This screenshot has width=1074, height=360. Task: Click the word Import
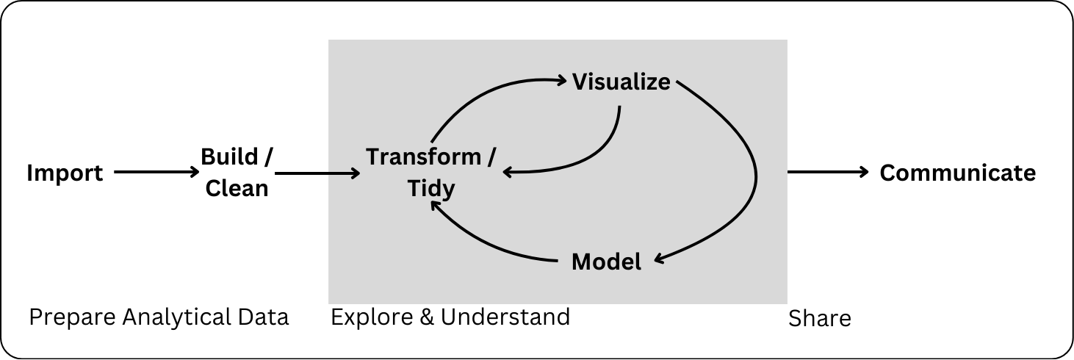(x=65, y=173)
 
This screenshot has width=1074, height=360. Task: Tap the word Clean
(x=237, y=189)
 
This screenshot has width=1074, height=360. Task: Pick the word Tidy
(x=431, y=189)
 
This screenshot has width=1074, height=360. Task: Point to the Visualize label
(x=621, y=81)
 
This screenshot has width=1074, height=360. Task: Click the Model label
(x=606, y=261)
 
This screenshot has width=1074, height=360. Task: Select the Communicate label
(x=957, y=173)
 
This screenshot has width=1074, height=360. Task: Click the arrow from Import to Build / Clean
(x=156, y=173)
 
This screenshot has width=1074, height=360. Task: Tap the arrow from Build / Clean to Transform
(x=317, y=173)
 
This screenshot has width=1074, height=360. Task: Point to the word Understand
(x=505, y=317)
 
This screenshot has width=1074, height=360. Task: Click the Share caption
(x=819, y=319)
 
